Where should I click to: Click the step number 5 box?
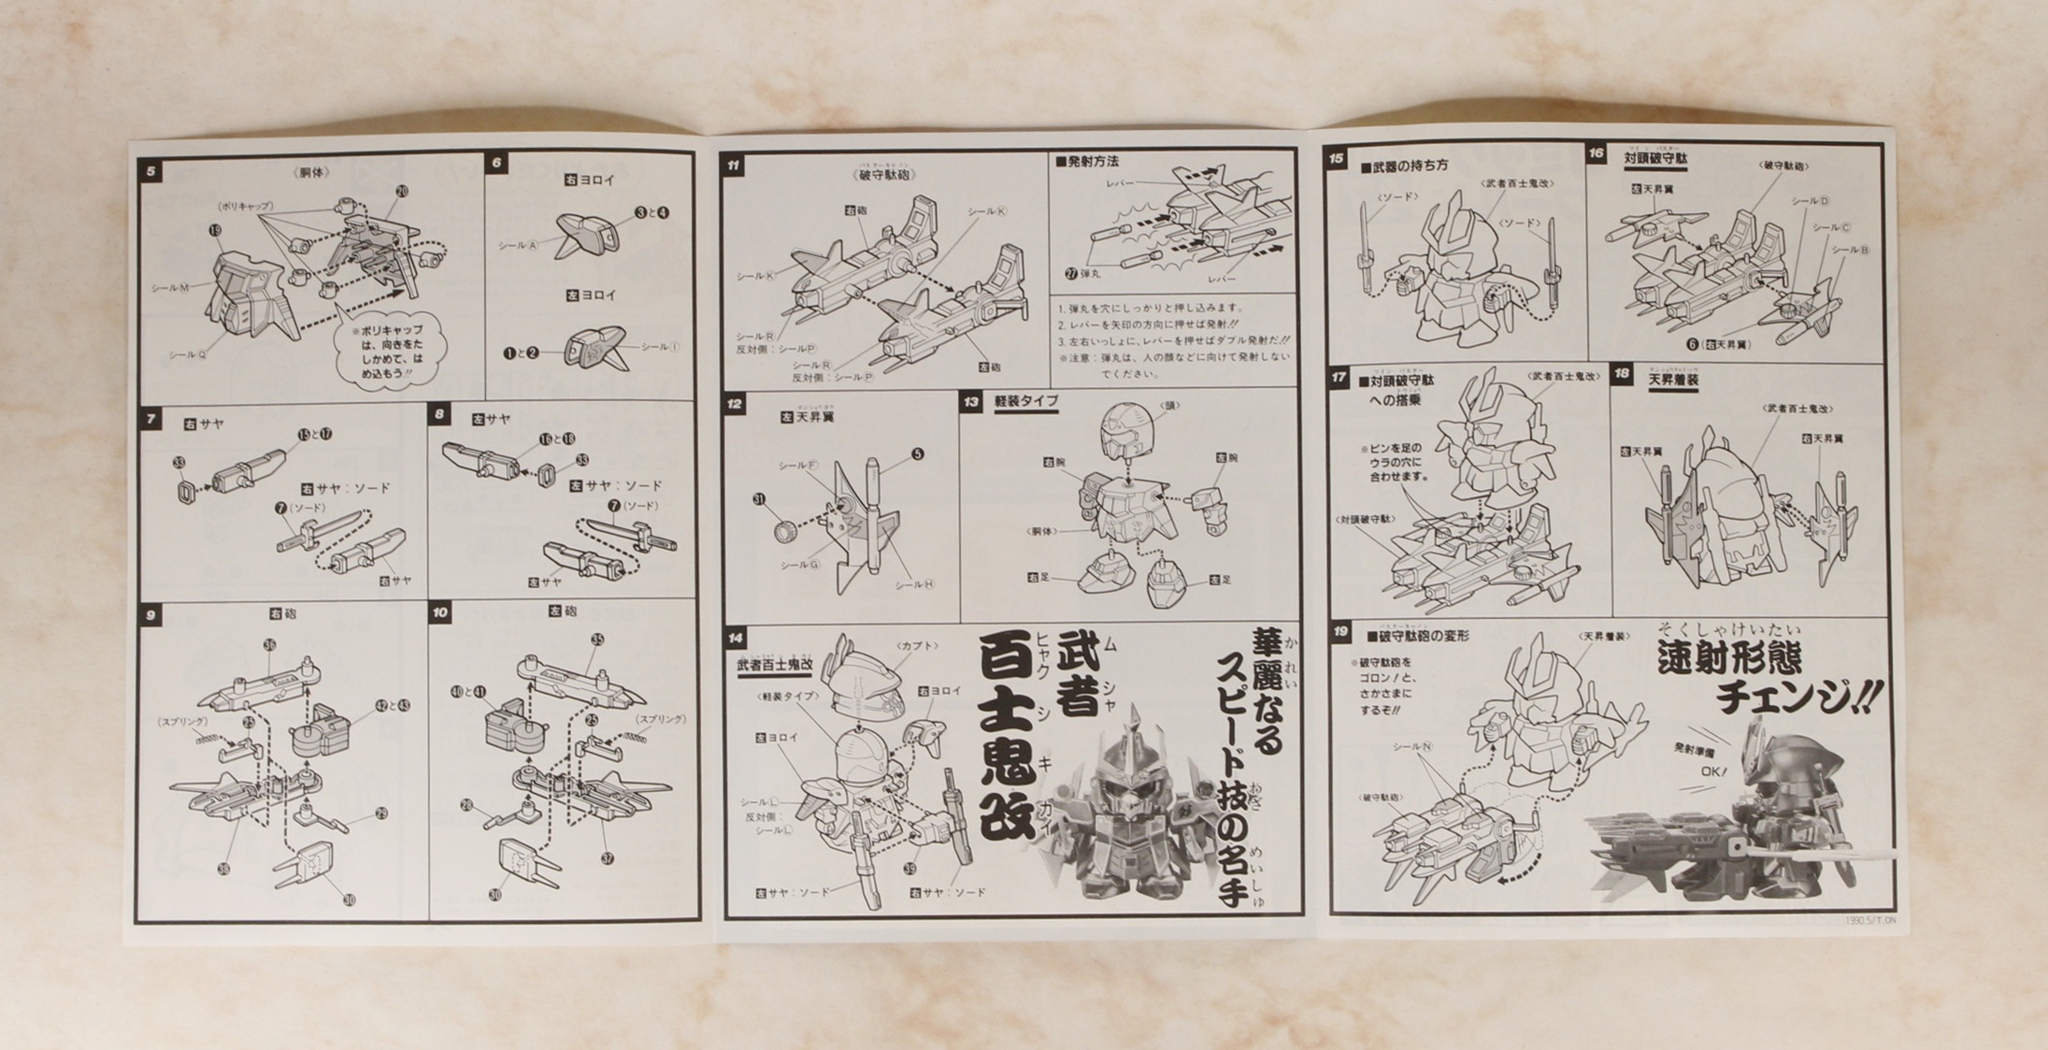(x=150, y=171)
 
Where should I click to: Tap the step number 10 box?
(x=440, y=612)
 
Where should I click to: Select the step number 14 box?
(x=736, y=638)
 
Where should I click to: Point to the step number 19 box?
(x=1340, y=632)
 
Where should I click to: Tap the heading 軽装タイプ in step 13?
(x=1025, y=401)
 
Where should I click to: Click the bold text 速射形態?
(x=1729, y=660)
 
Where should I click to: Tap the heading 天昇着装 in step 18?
(x=1672, y=381)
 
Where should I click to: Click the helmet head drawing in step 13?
(x=1127, y=430)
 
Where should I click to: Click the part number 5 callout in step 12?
(x=917, y=453)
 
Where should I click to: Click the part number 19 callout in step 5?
(x=216, y=230)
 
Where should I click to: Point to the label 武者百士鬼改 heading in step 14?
(x=774, y=664)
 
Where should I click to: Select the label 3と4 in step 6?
(x=652, y=212)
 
